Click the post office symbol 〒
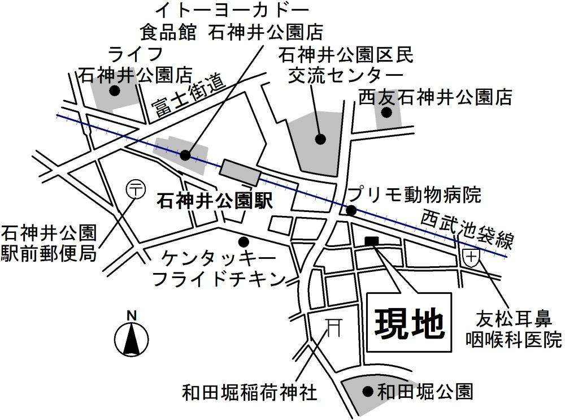click(x=135, y=189)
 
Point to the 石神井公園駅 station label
click(x=215, y=200)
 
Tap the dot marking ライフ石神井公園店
click(x=115, y=91)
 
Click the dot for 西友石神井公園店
click(x=386, y=112)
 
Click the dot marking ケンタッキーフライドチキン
click(x=244, y=241)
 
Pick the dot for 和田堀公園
click(x=368, y=391)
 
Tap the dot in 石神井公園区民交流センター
click(x=320, y=138)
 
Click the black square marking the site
click(x=372, y=241)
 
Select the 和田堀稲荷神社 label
click(x=249, y=392)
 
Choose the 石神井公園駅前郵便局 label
click(x=49, y=243)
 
